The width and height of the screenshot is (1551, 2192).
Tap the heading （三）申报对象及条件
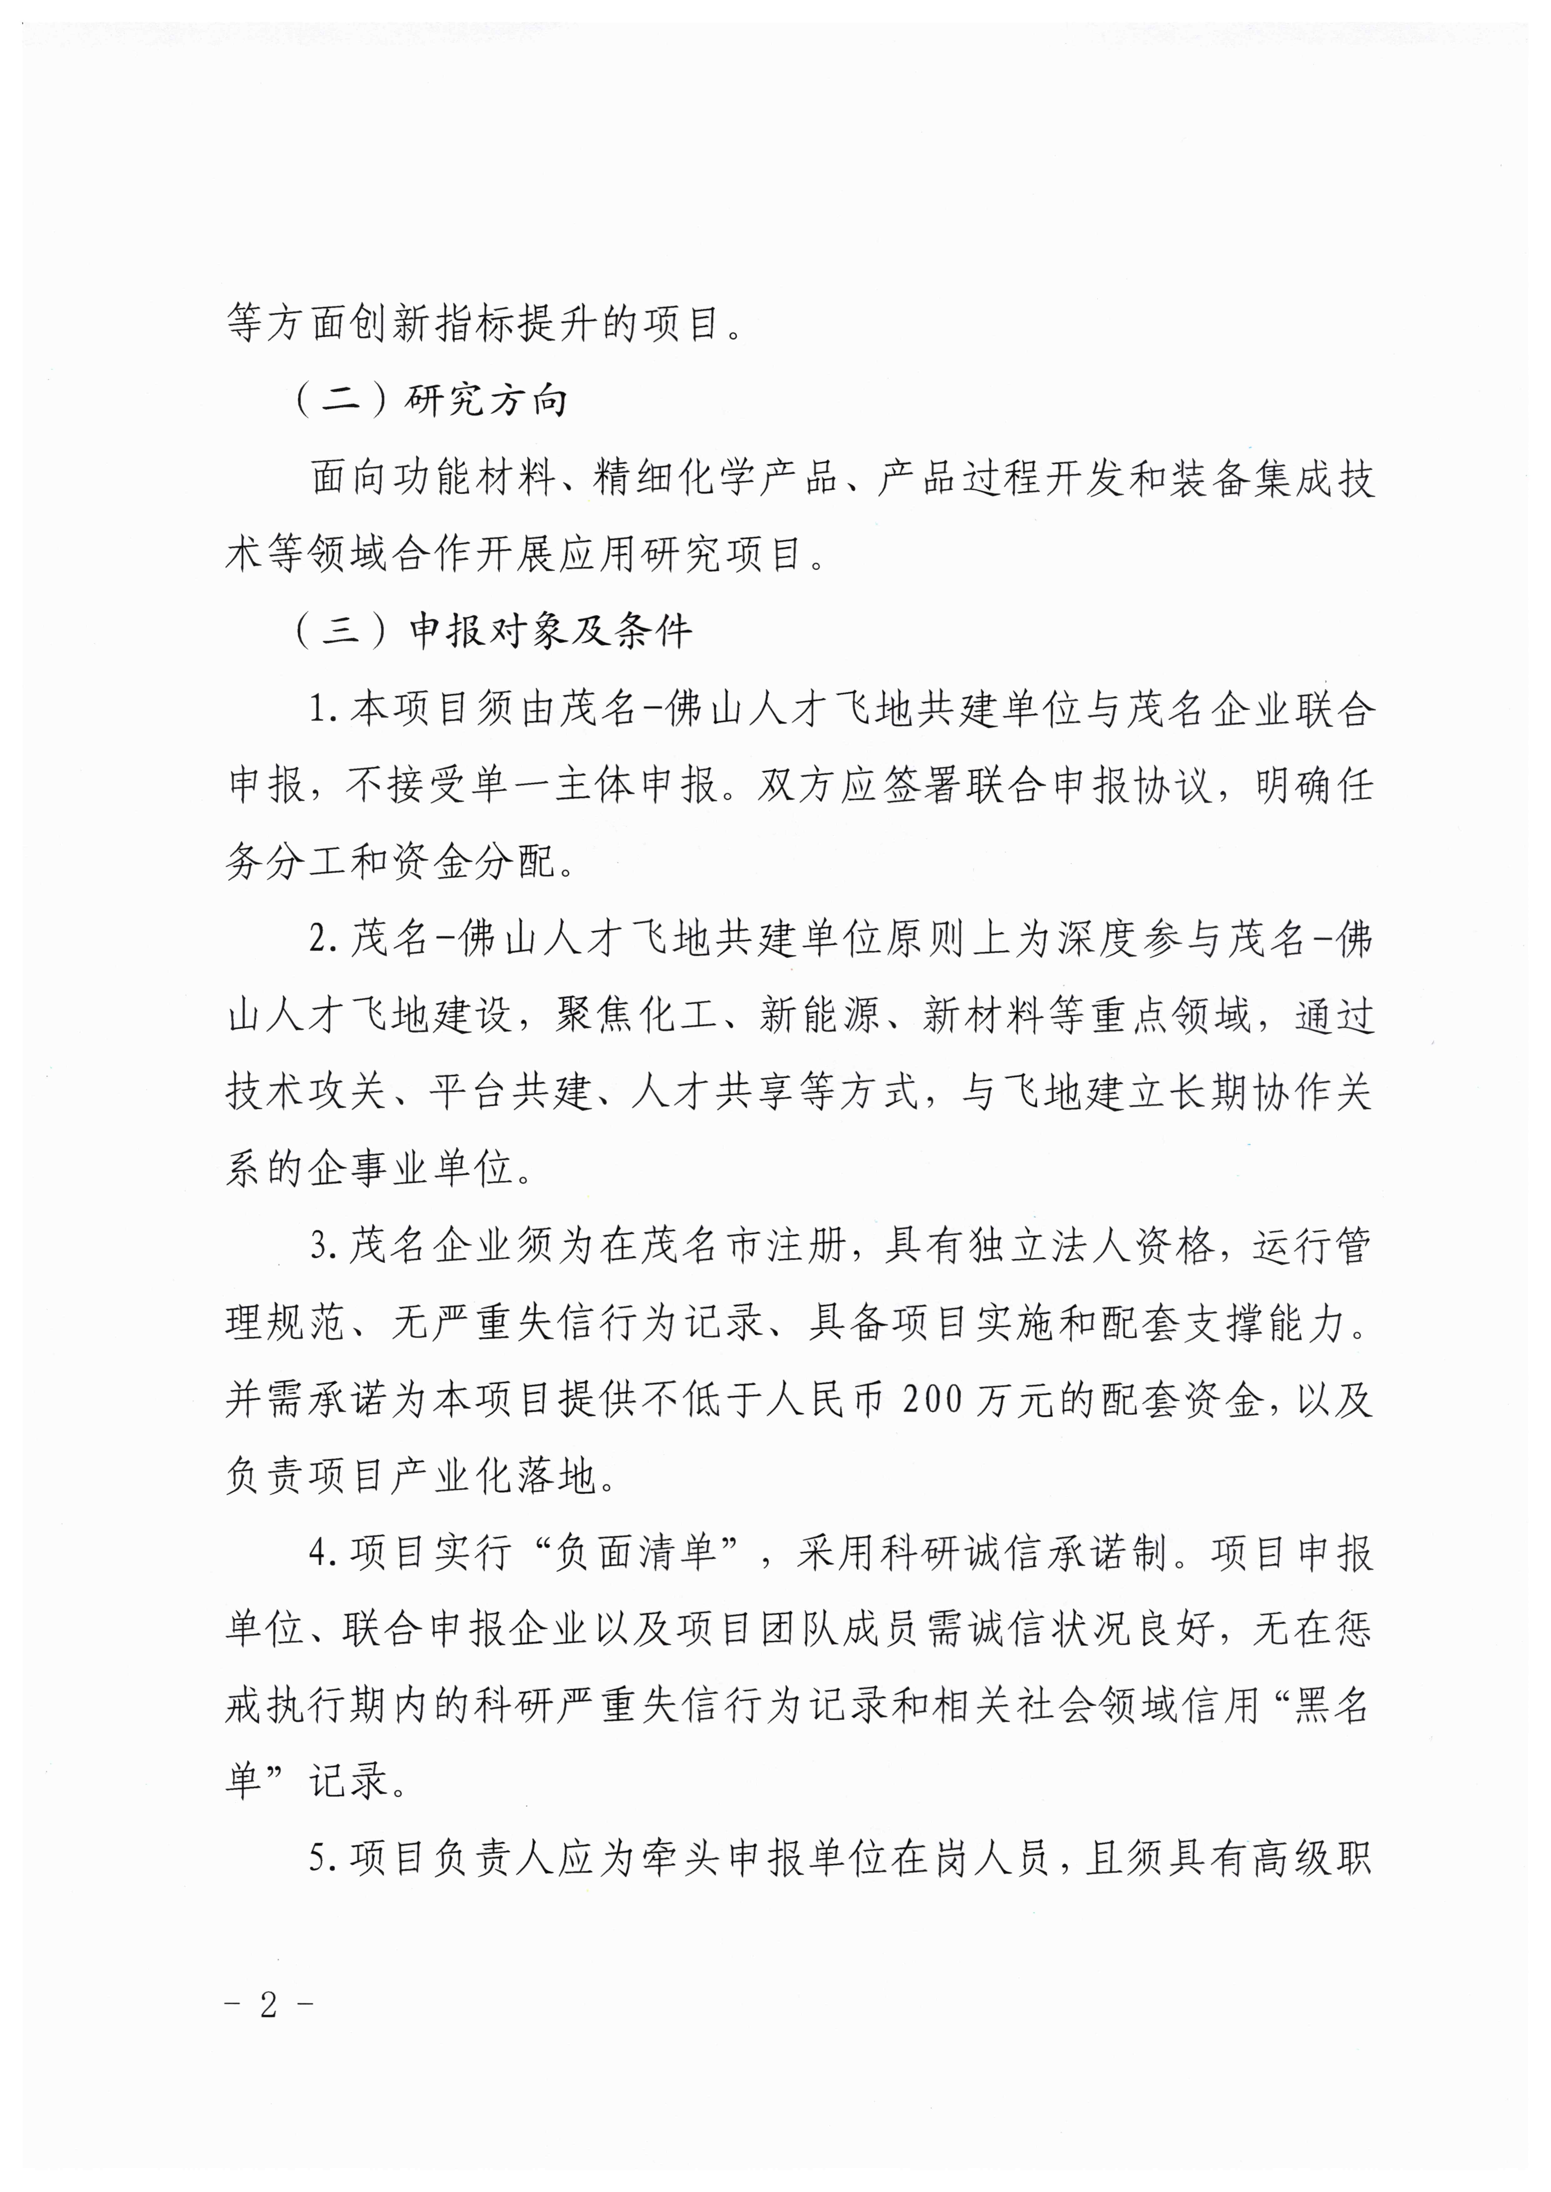click(x=494, y=631)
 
